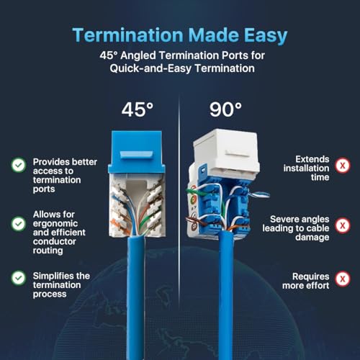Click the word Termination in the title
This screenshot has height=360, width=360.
click(128, 35)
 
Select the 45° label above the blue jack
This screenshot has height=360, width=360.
click(138, 109)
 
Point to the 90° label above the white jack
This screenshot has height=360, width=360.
click(225, 109)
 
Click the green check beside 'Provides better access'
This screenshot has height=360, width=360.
click(19, 165)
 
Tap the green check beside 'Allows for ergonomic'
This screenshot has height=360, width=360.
click(19, 224)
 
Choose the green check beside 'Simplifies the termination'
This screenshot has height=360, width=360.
click(19, 278)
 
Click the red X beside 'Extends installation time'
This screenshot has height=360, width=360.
click(343, 166)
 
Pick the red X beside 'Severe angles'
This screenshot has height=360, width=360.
click(343, 225)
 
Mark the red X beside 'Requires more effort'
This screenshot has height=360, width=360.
click(343, 279)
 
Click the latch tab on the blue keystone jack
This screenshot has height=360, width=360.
click(136, 155)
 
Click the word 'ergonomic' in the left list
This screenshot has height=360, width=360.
click(55, 224)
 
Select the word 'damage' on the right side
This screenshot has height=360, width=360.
click(312, 238)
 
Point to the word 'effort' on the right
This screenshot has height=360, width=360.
click(317, 286)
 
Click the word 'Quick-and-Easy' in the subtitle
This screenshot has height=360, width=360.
click(150, 68)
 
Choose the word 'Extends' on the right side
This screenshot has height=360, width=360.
click(312, 159)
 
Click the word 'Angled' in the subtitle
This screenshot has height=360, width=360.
click(138, 55)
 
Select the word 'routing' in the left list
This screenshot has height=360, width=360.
click(48, 251)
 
